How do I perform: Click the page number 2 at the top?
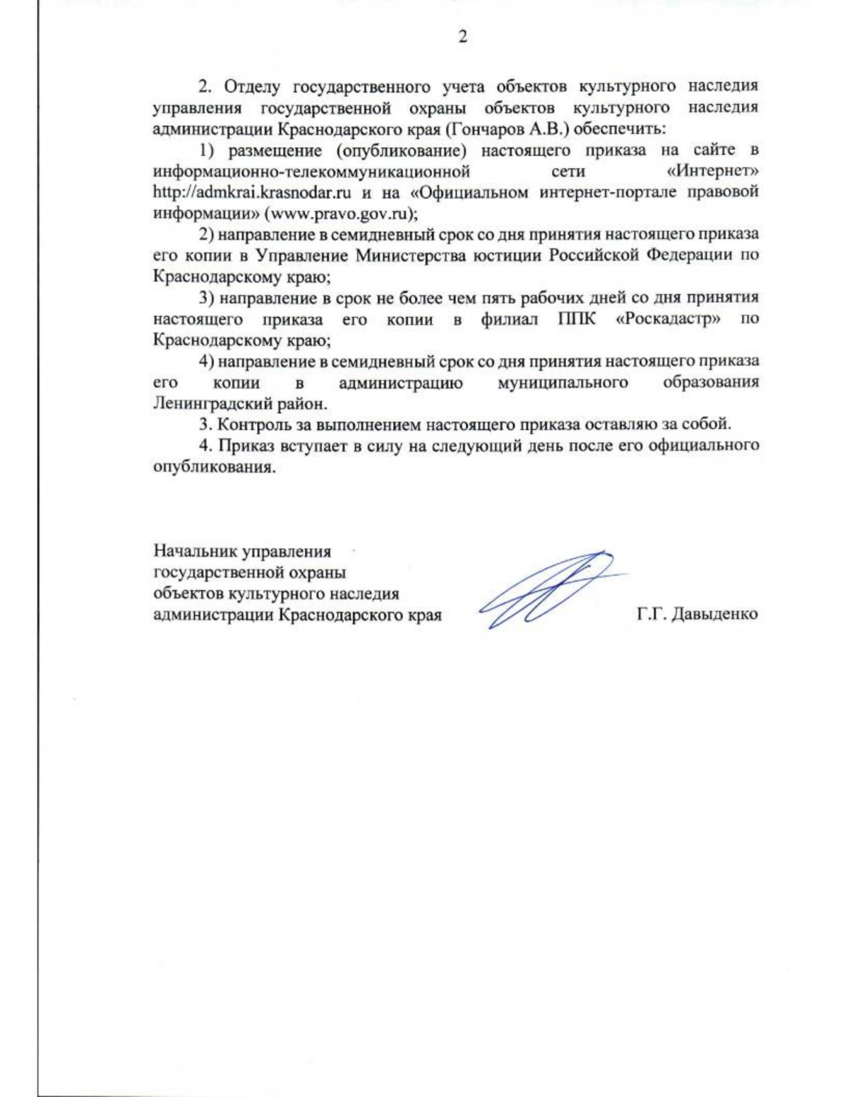[x=463, y=37]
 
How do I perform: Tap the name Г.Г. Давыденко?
[x=697, y=614]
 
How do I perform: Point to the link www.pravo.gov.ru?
[x=337, y=213]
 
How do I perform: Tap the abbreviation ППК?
[x=577, y=319]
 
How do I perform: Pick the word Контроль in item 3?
[x=249, y=425]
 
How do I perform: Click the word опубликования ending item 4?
[x=213, y=467]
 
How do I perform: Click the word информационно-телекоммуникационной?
[x=311, y=171]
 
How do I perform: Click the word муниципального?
[x=563, y=382]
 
